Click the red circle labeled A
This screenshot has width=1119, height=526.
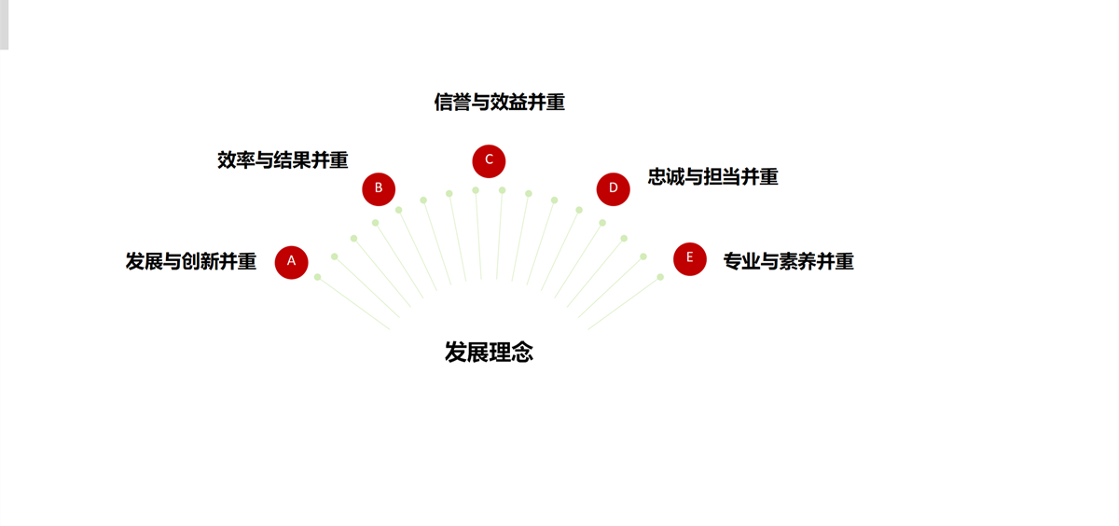[x=291, y=262]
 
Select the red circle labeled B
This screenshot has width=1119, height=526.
[x=379, y=188]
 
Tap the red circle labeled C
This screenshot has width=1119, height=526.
[x=489, y=160]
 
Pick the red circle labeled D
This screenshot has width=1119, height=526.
[x=613, y=188]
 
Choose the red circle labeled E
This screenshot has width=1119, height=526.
[x=690, y=258]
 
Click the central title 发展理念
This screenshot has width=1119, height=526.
[x=489, y=353]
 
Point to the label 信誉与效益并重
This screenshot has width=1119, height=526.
[x=499, y=103]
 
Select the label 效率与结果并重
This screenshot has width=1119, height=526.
[x=283, y=160]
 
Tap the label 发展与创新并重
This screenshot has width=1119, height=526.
[x=191, y=262]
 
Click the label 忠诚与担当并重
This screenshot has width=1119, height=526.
[x=712, y=177]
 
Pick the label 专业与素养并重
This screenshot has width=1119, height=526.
[x=788, y=262]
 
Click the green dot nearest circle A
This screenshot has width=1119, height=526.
[x=317, y=277]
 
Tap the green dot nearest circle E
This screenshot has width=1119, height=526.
[x=660, y=277]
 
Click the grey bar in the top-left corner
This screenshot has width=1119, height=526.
[x=4, y=24]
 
